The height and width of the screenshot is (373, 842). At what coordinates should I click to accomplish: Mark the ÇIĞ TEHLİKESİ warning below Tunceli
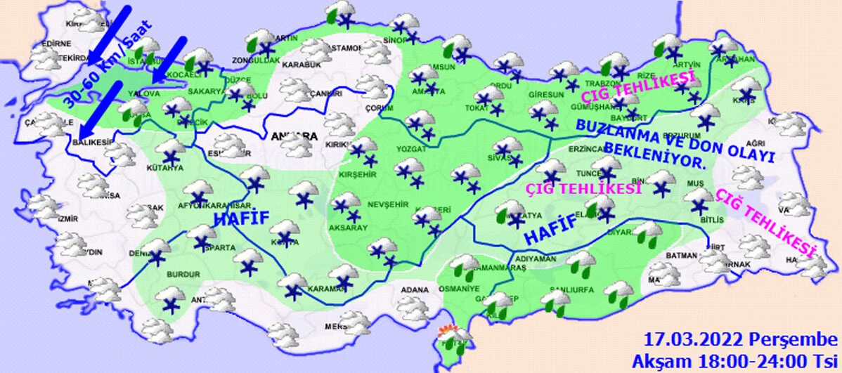[585, 188]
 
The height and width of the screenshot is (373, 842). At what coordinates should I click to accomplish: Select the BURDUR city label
[169, 274]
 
